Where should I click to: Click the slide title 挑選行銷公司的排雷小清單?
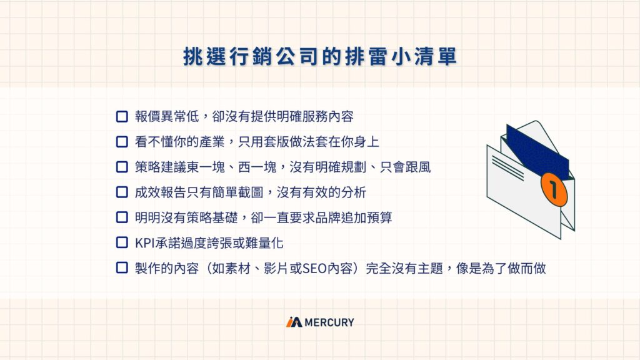319,56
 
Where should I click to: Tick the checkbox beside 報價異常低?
122,116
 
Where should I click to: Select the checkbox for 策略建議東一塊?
122,167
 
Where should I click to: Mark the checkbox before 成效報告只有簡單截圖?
122,192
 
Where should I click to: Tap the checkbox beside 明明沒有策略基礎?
122,217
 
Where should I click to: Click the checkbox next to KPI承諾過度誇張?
122,242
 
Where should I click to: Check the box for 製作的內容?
122,268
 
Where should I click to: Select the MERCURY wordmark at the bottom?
329,322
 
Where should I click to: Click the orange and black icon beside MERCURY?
294,322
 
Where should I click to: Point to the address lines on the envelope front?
507,166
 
